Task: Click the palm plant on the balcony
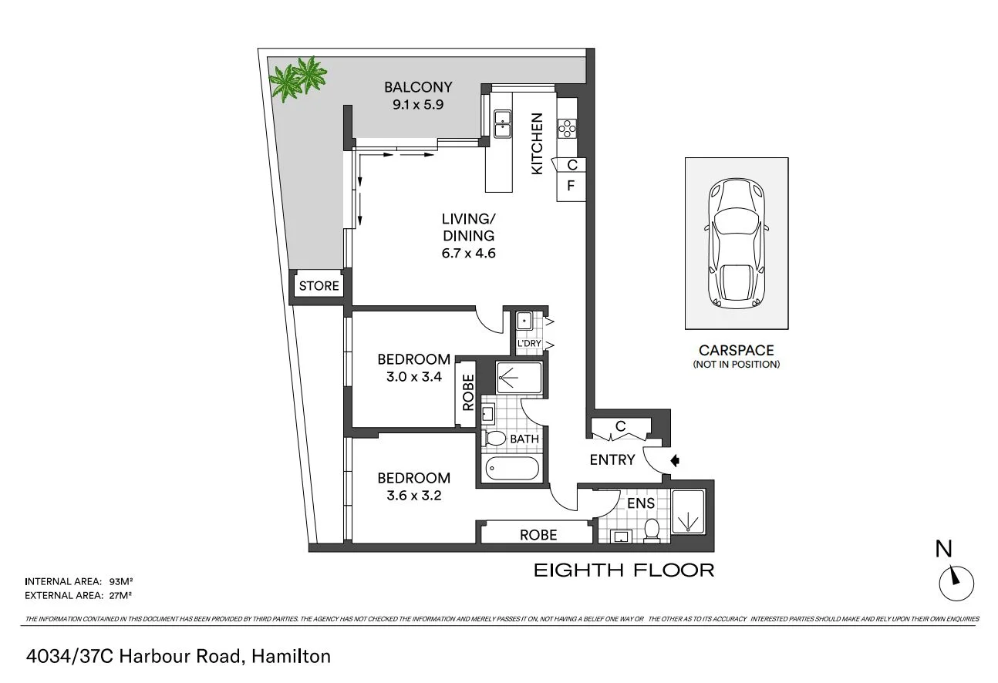pos(298,79)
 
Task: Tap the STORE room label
pos(319,286)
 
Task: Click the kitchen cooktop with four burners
pos(567,128)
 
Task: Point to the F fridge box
pos(571,186)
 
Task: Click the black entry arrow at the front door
pos(675,461)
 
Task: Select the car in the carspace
pos(736,241)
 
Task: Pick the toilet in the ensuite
pos(652,530)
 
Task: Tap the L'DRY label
pos(528,344)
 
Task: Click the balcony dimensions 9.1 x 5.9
pos(420,103)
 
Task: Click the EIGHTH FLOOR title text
pos(624,570)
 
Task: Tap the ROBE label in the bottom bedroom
pos(538,534)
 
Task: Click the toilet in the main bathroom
pos(494,439)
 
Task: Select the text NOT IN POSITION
pos(736,365)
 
